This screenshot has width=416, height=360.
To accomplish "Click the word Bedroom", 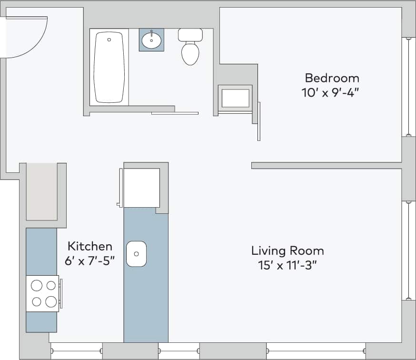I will click(332, 78).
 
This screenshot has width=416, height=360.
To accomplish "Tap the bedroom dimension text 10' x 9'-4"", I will click(330, 92).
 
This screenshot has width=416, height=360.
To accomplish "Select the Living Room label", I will click(287, 250).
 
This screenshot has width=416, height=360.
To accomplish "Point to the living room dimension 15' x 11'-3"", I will click(287, 265).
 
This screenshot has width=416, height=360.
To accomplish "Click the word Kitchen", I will click(90, 246).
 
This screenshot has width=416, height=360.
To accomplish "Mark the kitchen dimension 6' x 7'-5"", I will click(90, 261).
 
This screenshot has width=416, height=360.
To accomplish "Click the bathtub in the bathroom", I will click(109, 67).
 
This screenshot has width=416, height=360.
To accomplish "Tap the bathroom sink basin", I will click(151, 40).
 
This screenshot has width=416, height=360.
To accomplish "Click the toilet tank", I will click(190, 34).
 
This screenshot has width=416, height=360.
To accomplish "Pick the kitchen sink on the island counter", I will click(137, 254).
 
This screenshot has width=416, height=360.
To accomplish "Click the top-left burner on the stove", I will click(37, 286).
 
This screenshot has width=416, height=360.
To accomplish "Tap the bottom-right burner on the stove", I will click(50, 301).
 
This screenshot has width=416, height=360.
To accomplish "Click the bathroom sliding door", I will click(175, 113).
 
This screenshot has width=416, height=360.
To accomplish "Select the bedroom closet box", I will click(235, 98).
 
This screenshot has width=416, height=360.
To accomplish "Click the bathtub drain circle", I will click(109, 40).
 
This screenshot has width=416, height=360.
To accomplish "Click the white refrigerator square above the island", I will click(141, 188).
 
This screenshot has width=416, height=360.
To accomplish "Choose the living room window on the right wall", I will click(408, 250).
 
